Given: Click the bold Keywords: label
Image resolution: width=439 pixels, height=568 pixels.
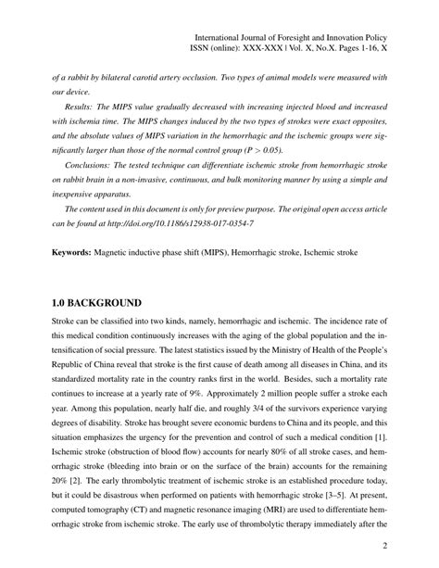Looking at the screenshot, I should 77,251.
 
